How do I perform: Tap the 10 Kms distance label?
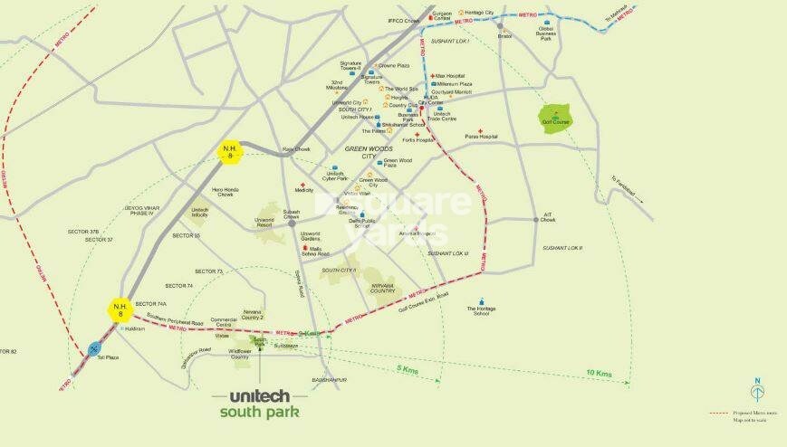point(598,374)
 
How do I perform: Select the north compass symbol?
point(756,390)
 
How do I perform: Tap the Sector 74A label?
point(150,303)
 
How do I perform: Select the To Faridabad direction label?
point(625,186)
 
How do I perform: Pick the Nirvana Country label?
point(383,289)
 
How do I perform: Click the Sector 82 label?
point(9,351)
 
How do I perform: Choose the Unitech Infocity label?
point(200,212)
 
